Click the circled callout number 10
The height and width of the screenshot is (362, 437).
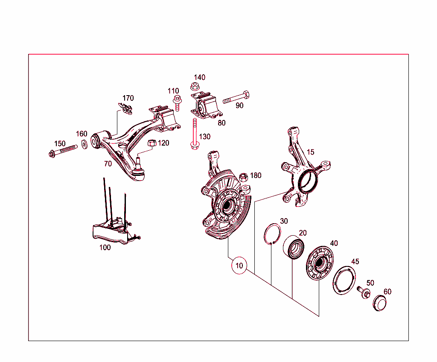point(239,266)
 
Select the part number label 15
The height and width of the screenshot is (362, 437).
point(310,152)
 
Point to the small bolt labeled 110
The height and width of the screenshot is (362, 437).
point(176,103)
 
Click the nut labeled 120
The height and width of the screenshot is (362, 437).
point(151,143)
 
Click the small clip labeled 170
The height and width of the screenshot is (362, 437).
point(126,108)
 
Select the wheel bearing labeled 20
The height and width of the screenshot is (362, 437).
point(294,248)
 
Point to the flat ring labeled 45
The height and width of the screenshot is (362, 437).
point(344,280)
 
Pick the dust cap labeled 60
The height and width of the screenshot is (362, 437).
point(379,304)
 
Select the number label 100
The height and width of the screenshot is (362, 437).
point(105,247)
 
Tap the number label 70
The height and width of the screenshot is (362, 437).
point(108,163)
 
